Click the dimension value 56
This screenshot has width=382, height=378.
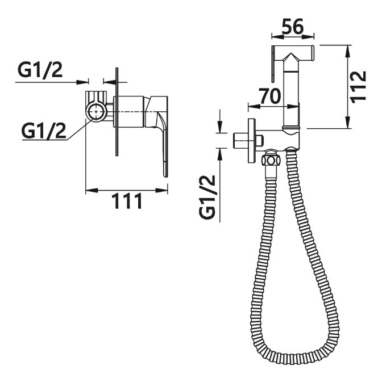coord(293,26)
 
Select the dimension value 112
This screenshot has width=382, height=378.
coord(358,86)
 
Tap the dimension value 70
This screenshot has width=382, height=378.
coord(269,96)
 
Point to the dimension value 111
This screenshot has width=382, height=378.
coord(127,201)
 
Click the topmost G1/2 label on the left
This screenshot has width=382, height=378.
coord(40,70)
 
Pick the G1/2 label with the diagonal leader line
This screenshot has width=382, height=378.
coord(44,131)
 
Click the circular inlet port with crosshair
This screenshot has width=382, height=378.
coord(96,112)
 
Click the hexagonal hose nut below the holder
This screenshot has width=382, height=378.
coord(271,160)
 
